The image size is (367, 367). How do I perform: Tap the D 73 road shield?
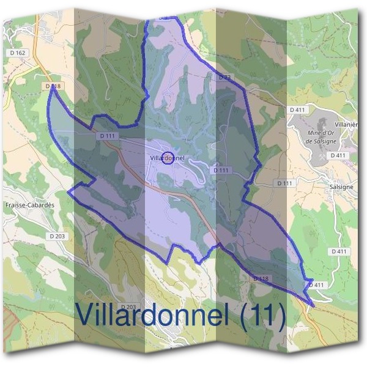[x=224, y=77]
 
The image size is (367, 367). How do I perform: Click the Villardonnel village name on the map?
[x=166, y=158]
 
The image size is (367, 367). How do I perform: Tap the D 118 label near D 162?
[x=53, y=87]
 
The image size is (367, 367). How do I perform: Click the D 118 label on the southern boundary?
[x=261, y=279]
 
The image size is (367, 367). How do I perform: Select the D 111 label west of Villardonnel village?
[x=106, y=136]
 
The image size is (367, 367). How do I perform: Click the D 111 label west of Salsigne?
[x=284, y=183]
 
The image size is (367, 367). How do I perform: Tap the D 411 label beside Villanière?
[x=297, y=109]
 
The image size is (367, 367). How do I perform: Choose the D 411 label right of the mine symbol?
[x=338, y=156]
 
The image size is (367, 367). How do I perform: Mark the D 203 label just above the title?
[x=128, y=306]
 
